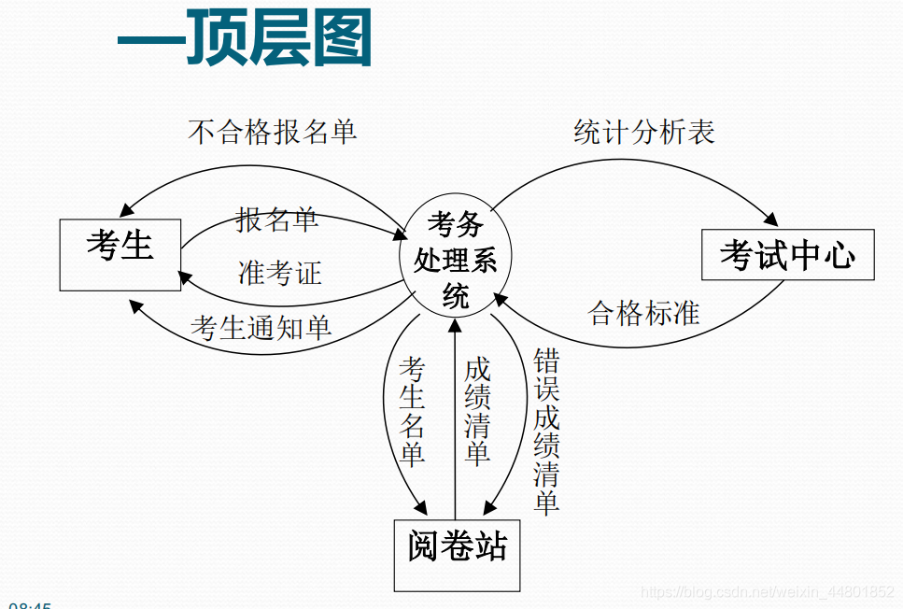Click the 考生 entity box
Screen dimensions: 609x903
point(120,255)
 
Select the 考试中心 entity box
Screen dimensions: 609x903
point(787,254)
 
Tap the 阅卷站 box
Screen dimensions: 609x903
point(457,555)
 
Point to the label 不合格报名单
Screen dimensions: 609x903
point(272,132)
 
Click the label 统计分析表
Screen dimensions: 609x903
point(644,132)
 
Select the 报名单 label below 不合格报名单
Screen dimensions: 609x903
point(277,220)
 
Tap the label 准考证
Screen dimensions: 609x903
point(280,273)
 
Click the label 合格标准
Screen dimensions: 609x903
point(644,313)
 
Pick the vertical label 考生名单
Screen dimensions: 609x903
point(412,411)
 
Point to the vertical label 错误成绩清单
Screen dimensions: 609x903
point(546,432)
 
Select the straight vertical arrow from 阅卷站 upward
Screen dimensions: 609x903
point(455,420)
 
